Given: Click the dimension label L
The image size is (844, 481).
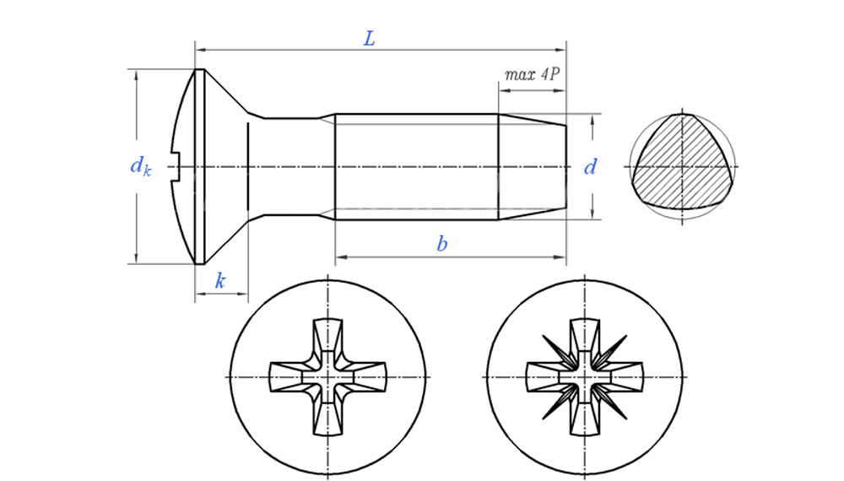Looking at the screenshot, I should coord(369,39).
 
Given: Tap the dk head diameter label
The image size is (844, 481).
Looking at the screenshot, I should coord(141,166).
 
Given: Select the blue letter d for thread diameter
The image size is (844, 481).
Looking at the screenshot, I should coord(591,167).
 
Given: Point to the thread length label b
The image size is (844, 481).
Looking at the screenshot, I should coord(441,245).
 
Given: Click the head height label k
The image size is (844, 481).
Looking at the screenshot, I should coord(220,281).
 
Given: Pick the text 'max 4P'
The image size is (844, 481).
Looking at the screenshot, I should coord(532,74).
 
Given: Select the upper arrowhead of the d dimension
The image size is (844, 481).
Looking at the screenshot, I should coord(592,119).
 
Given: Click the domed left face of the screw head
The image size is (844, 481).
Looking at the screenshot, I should coord(184,127).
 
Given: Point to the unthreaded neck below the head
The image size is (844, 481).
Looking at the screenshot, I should coord(291,166).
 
